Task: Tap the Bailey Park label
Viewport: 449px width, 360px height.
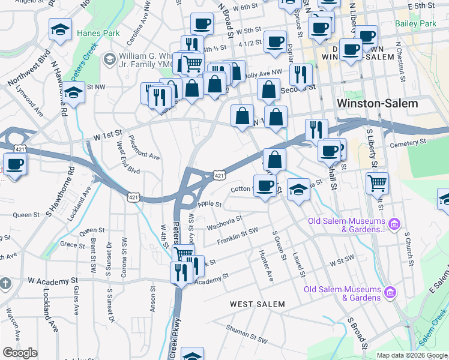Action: pyautogui.click(x=416, y=24)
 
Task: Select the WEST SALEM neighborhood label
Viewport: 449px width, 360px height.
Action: pyautogui.click(x=258, y=304)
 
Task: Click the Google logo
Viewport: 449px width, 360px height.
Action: pyautogui.click(x=20, y=353)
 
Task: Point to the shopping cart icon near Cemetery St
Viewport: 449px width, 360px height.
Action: pyautogui.click(x=377, y=181)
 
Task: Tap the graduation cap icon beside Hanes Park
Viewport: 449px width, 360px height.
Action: pyautogui.click(x=61, y=29)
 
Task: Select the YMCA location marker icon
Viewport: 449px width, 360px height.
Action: pyautogui.click(x=109, y=59)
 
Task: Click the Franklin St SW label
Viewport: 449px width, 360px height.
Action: pyautogui.click(x=237, y=235)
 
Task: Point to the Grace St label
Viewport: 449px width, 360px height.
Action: pyautogui.click(x=73, y=245)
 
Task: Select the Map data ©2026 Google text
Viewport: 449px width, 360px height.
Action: pyautogui.click(x=412, y=355)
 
